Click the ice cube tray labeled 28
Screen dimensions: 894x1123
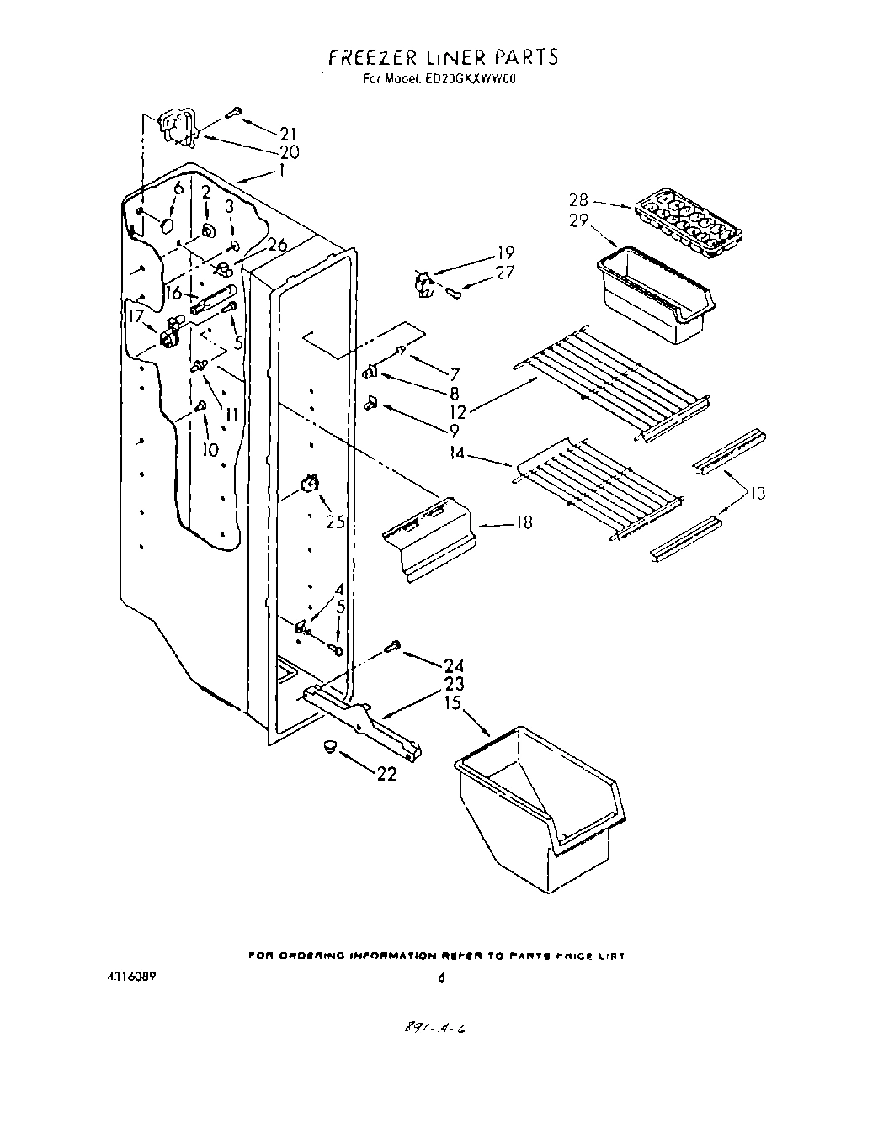point(690,223)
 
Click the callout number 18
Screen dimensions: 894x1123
point(523,523)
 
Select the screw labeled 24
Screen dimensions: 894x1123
point(391,647)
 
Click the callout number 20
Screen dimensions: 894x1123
point(289,152)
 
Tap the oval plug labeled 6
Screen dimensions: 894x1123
point(166,225)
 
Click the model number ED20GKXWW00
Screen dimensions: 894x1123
point(468,81)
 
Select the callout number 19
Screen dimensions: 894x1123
point(504,252)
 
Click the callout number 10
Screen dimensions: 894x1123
point(210,449)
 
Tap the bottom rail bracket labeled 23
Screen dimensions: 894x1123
point(362,718)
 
